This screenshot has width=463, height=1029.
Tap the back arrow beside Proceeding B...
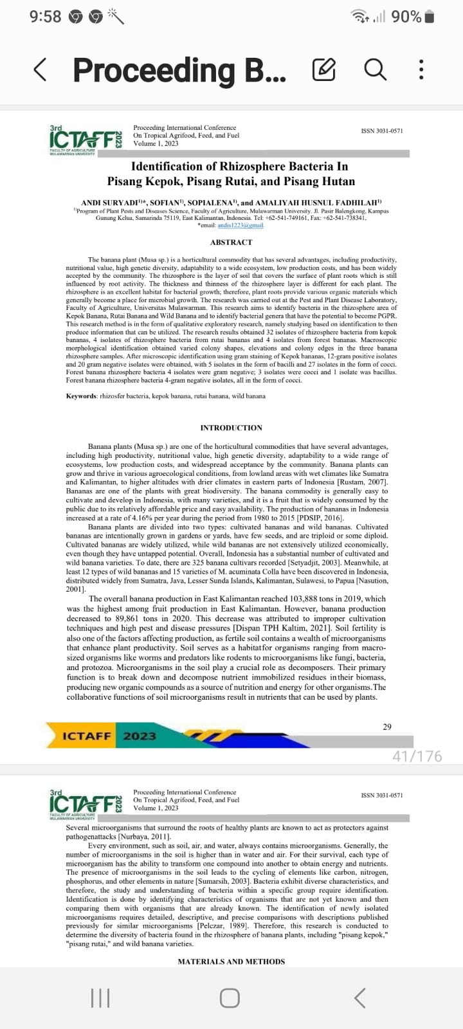pyautogui.click(x=40, y=69)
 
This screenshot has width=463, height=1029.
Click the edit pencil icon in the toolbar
pyautogui.click(x=323, y=69)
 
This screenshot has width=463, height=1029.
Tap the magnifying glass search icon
pyautogui.click(x=375, y=69)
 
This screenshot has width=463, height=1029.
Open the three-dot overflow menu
pyautogui.click(x=421, y=69)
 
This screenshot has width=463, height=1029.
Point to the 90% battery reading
pyautogui.click(x=406, y=17)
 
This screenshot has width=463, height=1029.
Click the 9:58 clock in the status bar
pyautogui.click(x=45, y=17)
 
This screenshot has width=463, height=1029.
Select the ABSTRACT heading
pyautogui.click(x=231, y=242)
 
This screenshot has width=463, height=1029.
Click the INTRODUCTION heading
pyautogui.click(x=231, y=428)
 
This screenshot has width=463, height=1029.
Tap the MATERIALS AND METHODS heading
pyautogui.click(x=231, y=961)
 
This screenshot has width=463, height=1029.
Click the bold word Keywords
pyautogui.click(x=81, y=396)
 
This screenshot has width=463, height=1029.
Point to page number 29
pyautogui.click(x=386, y=727)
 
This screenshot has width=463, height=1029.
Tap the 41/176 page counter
pyautogui.click(x=417, y=756)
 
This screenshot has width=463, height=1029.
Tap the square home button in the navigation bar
pyautogui.click(x=230, y=997)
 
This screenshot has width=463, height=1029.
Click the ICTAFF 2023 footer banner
pyautogui.click(x=109, y=736)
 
